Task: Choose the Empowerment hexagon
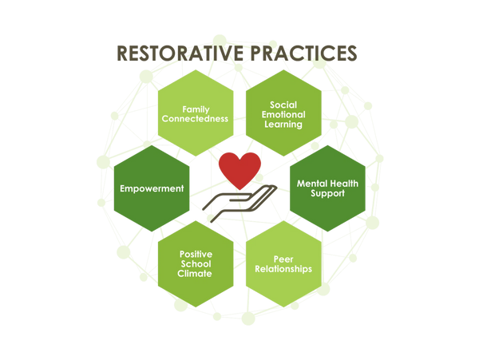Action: point(152,188)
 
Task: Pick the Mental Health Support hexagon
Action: point(327,188)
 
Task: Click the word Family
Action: point(195,108)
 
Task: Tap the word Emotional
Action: point(283,114)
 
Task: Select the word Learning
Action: point(283,125)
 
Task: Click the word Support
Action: point(327,194)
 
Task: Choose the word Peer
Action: point(283,259)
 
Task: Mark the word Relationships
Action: point(283,269)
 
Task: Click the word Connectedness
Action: point(195,118)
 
